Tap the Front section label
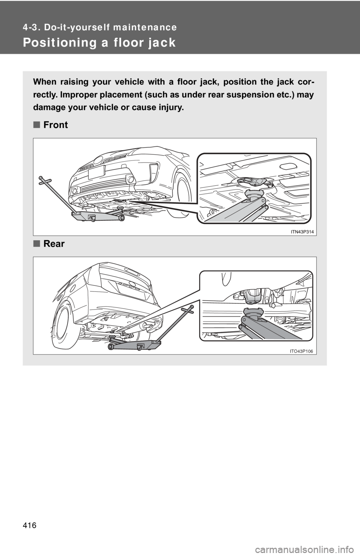[x=55, y=125]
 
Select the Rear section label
[x=54, y=244]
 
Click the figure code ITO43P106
[x=302, y=351]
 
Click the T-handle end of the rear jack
[x=187, y=309]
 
